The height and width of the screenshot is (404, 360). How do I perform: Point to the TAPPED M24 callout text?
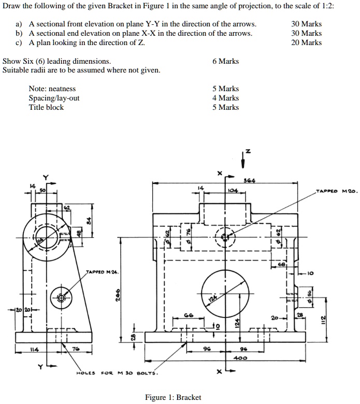(102, 271)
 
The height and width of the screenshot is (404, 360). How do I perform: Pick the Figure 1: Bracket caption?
(173, 397)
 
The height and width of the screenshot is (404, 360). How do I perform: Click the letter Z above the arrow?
(248, 151)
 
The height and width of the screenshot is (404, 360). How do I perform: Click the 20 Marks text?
(306, 42)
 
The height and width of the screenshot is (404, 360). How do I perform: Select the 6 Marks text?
(225, 61)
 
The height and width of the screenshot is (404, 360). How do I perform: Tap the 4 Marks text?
(225, 98)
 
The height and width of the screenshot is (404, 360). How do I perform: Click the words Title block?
(46, 107)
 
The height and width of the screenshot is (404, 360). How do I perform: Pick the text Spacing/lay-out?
(54, 98)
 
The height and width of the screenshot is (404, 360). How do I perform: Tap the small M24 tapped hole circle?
(61, 297)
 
